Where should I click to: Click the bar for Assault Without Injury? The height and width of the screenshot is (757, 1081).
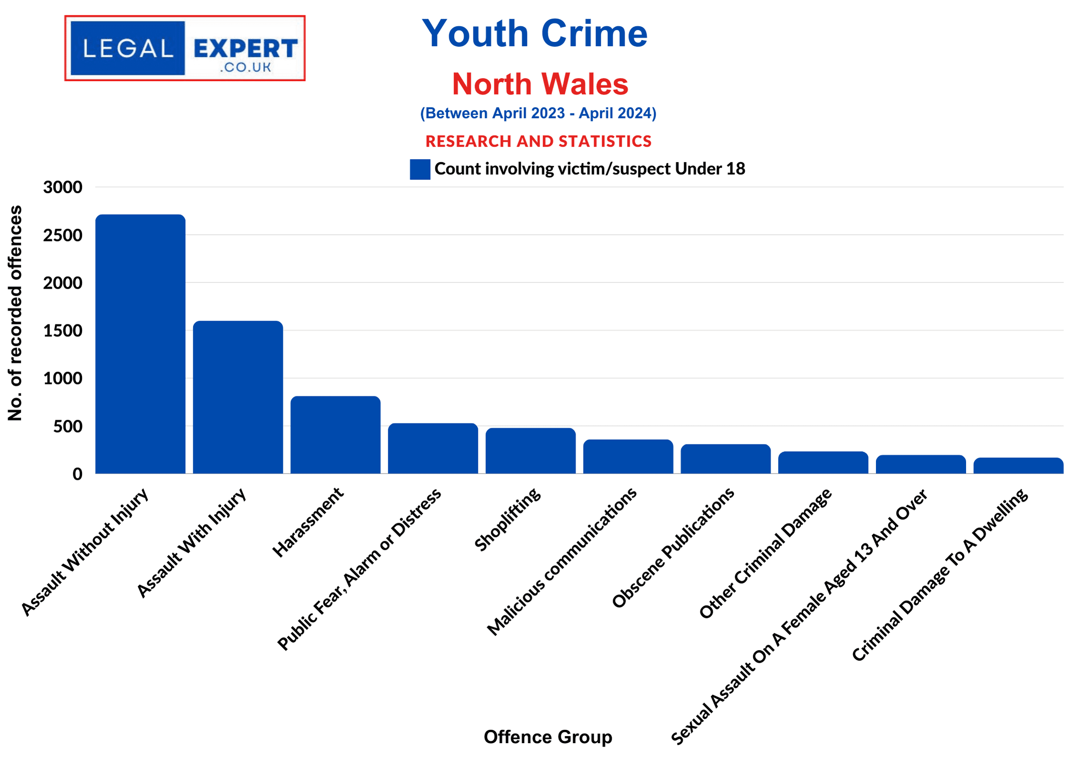(140, 344)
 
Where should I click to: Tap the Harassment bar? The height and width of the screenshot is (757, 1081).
(335, 435)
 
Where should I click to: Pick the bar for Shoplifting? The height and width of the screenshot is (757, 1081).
(530, 451)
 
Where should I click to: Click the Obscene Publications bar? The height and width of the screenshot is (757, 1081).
(725, 459)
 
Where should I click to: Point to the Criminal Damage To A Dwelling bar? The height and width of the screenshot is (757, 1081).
(1018, 466)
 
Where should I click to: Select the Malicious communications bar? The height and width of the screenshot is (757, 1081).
(628, 456)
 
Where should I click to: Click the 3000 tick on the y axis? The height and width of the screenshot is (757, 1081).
(62, 187)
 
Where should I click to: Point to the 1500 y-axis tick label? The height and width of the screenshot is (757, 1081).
(62, 331)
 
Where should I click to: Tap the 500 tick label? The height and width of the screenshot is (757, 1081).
(68, 426)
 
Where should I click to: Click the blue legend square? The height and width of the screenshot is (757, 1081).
(420, 169)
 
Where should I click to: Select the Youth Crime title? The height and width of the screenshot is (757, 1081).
(535, 33)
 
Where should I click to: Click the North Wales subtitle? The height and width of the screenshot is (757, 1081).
(540, 84)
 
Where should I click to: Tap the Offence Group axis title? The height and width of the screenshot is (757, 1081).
(547, 737)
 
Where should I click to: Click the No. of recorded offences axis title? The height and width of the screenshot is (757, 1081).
(15, 313)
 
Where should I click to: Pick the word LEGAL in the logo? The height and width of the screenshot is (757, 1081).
(128, 48)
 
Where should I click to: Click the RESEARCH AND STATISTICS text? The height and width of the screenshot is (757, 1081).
(538, 141)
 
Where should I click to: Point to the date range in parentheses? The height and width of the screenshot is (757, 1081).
(538, 113)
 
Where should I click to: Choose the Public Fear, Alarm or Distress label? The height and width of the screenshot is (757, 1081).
(359, 569)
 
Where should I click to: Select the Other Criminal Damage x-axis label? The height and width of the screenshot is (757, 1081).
(765, 553)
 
